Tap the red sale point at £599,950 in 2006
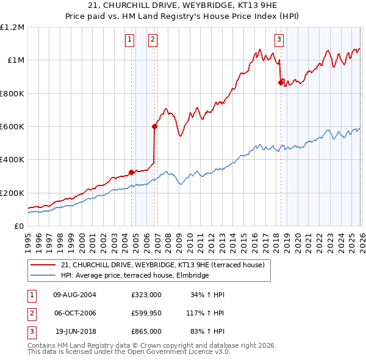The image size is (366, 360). point(154,127)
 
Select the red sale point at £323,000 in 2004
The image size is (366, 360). point(132,172)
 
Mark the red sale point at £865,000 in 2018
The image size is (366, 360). point(281,83)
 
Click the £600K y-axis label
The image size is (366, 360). point(12,127)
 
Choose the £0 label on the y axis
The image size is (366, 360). point(18,226)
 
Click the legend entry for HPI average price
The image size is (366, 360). point(134,276)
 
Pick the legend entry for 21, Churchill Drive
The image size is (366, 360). point(162,265)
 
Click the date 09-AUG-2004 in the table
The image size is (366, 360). point(75,295)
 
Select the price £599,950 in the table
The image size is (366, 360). point(146,313)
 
